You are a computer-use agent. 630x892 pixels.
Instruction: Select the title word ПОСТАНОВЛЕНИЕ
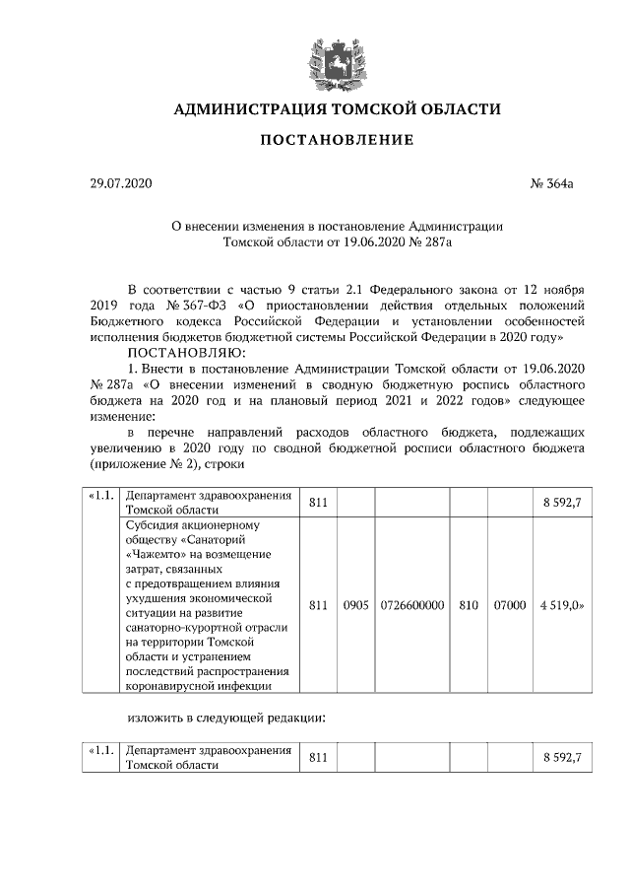337,142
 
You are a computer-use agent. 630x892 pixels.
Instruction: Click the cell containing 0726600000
410,604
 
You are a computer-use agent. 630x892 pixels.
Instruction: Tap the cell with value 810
469,604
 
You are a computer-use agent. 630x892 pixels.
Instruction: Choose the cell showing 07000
509,604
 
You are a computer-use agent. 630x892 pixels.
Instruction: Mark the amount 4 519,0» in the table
562,604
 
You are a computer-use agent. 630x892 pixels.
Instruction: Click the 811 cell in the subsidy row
317,604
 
